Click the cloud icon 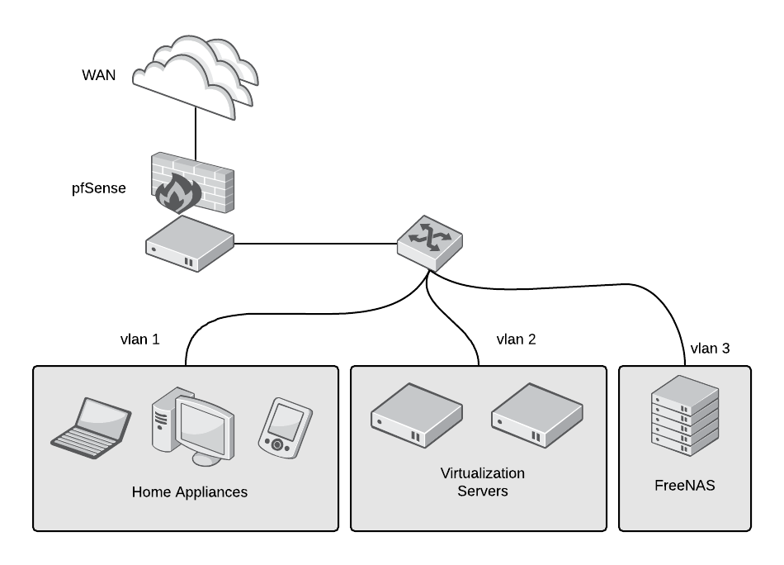point(195,77)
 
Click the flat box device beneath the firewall point(190,244)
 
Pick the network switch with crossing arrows point(429,242)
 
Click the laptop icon point(91,428)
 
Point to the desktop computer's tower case point(163,420)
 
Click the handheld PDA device point(285,427)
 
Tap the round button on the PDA point(277,445)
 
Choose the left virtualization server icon point(416,415)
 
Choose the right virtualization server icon point(536,415)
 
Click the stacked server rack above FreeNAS point(684,415)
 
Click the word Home point(151,492)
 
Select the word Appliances point(210,492)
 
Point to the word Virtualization point(482,473)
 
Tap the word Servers point(482,491)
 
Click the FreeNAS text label point(684,486)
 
